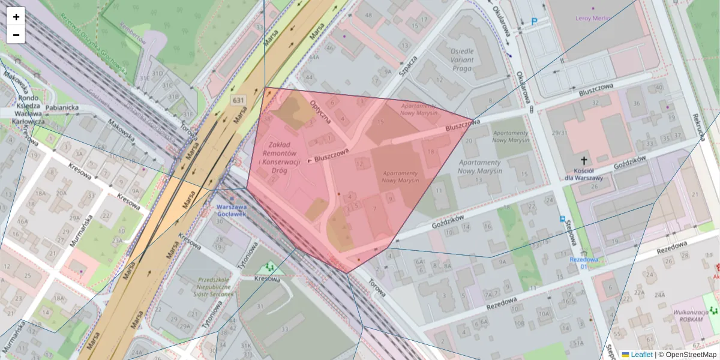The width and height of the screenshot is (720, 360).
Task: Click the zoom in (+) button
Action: coord(16,17)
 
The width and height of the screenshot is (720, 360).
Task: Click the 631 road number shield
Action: coord(238,100)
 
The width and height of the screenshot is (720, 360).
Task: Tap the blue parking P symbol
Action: coord(534,22)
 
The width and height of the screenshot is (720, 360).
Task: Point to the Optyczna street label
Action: coord(321,110)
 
